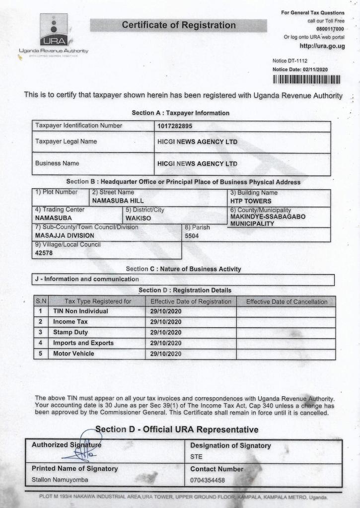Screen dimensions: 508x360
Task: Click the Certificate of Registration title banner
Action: coord(178,25)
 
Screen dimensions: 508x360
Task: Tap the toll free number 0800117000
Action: coord(330,29)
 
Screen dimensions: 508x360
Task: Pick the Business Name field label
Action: coord(57,163)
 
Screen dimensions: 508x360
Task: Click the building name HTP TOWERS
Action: coord(251,201)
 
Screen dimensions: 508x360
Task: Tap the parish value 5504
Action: coord(192,236)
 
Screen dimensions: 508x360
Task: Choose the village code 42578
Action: coord(44,253)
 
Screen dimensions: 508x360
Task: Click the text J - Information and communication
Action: coord(87,279)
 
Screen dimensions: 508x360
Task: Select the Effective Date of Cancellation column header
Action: coord(287,301)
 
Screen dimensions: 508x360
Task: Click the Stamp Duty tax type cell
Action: coord(71,332)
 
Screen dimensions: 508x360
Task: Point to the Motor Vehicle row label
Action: coord(73,354)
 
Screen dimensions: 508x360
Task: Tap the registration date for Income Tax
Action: coord(166,322)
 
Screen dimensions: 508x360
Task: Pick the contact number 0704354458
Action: coord(208,480)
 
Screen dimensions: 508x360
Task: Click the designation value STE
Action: coord(196,457)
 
